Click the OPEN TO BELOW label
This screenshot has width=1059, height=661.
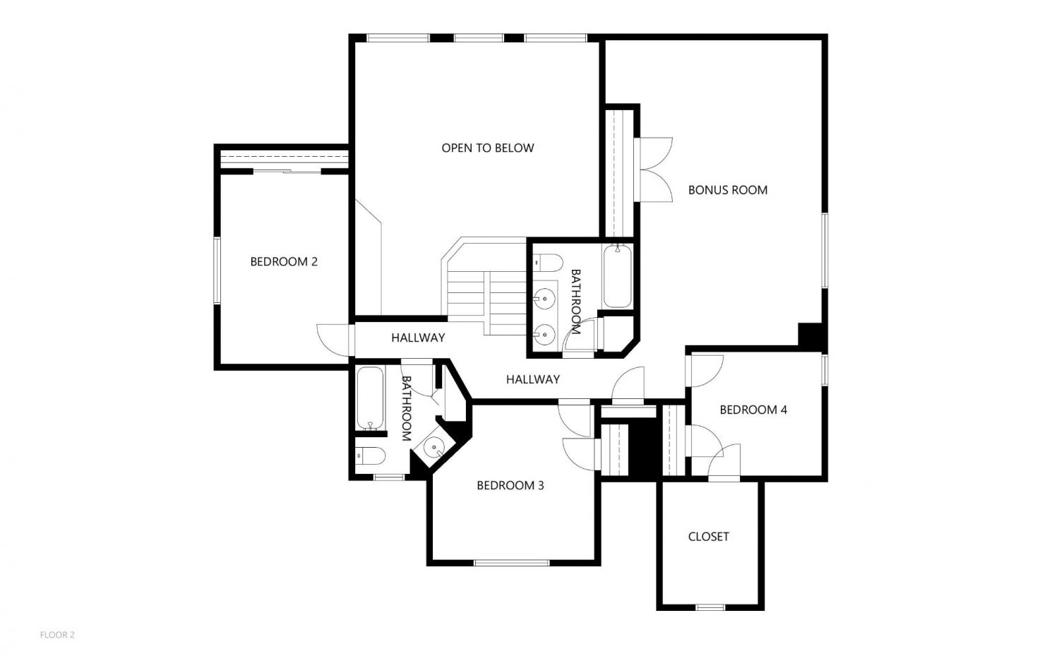(487, 148)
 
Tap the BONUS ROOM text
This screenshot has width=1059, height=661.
(728, 190)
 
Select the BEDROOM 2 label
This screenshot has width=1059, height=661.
(284, 261)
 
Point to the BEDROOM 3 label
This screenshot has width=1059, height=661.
(510, 485)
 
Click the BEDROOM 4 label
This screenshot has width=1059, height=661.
(753, 410)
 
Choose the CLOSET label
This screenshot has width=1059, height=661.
(708, 537)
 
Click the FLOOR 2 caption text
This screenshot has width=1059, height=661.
(57, 635)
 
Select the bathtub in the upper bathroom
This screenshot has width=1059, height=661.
(618, 276)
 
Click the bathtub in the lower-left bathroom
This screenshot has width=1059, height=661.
(370, 398)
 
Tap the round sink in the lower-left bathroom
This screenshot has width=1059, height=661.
(433, 447)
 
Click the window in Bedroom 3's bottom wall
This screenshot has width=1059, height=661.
(512, 563)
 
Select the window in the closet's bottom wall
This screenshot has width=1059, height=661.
(710, 607)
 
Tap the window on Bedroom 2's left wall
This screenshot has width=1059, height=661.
(217, 270)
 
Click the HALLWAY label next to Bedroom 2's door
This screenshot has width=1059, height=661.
(418, 338)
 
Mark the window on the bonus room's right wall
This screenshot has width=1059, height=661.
(825, 251)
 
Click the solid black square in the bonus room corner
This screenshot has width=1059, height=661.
(811, 335)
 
